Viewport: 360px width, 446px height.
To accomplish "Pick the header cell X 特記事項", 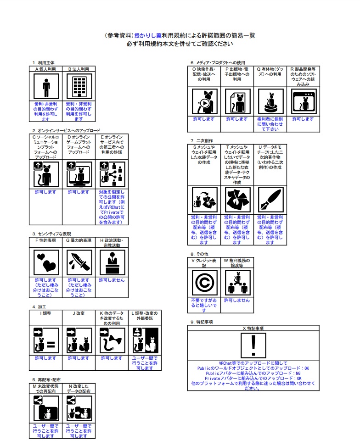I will (x=253, y=329).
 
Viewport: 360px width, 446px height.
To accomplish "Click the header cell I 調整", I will (x=46, y=313).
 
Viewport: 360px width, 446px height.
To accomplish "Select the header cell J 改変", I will (x=79, y=313).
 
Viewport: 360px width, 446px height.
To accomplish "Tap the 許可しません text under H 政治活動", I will (x=112, y=280).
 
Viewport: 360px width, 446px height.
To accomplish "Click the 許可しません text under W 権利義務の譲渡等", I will (x=237, y=300).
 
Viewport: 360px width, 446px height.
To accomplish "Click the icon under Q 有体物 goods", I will (x=270, y=101).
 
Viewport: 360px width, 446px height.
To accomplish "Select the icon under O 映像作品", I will (x=204, y=101).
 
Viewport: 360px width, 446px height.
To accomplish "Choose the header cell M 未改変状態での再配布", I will (x=46, y=389).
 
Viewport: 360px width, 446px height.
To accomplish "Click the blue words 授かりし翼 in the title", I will (x=147, y=35).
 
